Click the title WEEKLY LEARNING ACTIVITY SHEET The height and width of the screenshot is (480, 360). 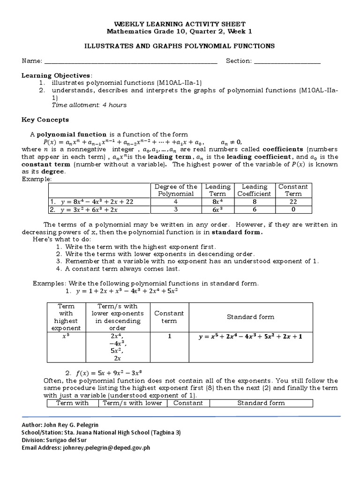[180, 24]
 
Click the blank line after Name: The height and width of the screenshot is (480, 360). [131, 61]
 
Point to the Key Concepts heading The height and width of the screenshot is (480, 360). [45, 120]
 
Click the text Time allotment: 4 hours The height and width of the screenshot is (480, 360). [89, 105]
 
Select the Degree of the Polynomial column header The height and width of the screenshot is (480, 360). [176, 190]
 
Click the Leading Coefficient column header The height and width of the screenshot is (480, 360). [254, 190]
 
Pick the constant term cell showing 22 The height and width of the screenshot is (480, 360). [293, 202]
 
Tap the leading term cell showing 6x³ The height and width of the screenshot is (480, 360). [217, 210]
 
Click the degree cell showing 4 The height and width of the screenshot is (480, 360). [176, 202]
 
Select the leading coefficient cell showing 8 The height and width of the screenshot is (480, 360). [254, 202]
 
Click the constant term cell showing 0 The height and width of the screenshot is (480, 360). [293, 210]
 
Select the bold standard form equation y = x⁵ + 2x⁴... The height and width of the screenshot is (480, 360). [250, 337]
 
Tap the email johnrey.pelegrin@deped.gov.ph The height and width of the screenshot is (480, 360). [106, 448]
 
